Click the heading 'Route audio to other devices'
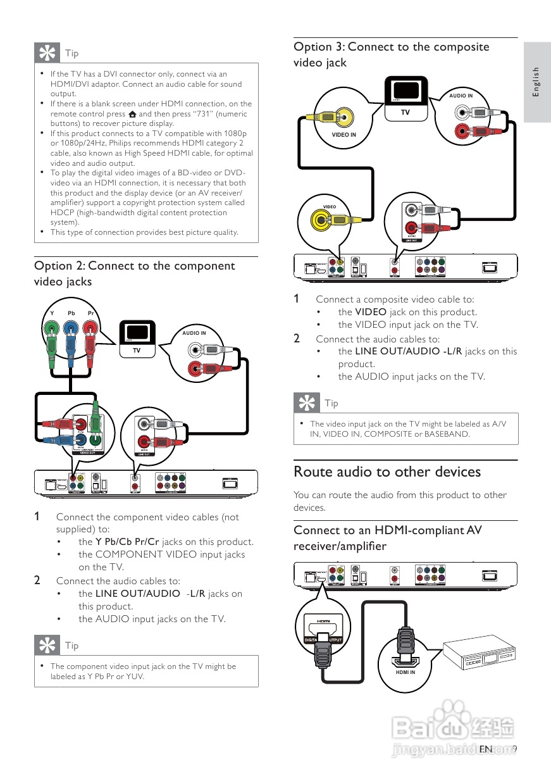[387, 472]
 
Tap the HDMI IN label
[406, 672]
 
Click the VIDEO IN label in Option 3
[344, 135]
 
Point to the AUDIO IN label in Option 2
[194, 333]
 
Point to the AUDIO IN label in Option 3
[461, 96]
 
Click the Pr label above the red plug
[91, 313]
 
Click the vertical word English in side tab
[536, 82]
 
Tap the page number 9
[515, 749]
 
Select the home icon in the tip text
[132, 114]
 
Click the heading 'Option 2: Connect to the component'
[134, 266]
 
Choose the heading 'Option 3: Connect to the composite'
[391, 47]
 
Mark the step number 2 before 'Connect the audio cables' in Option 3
[297, 339]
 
